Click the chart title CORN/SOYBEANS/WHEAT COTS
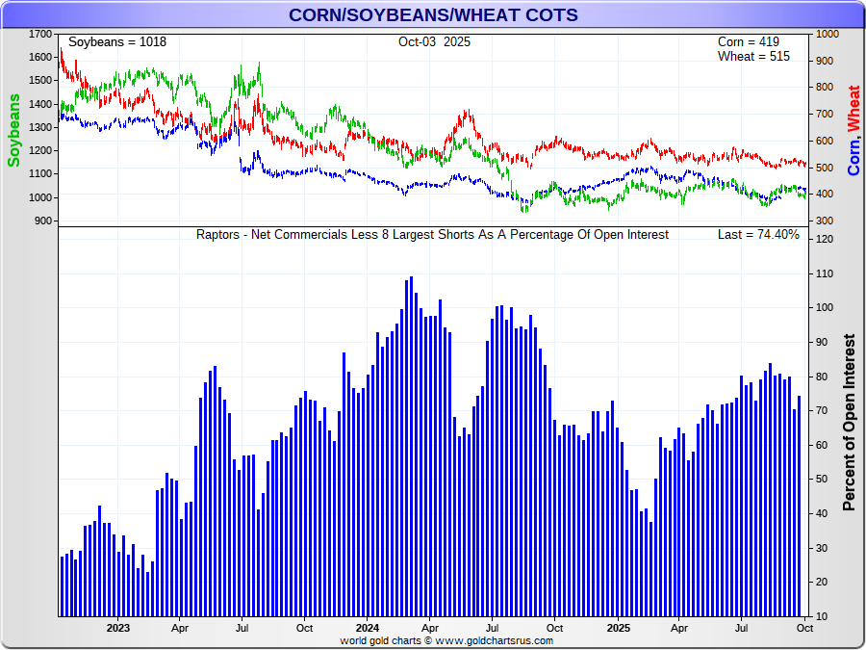(433, 14)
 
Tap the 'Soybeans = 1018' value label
(117, 42)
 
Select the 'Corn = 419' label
(749, 42)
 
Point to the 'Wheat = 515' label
(753, 57)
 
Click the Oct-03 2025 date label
(434, 42)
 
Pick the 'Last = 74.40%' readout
(758, 235)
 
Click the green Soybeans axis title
(14, 130)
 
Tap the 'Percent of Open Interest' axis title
(849, 423)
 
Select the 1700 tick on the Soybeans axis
(40, 34)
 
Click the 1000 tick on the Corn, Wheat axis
(827, 34)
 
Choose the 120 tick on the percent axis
(825, 239)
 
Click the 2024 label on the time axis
(367, 628)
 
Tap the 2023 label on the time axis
(117, 628)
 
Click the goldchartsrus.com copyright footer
(446, 640)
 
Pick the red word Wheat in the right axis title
(853, 108)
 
